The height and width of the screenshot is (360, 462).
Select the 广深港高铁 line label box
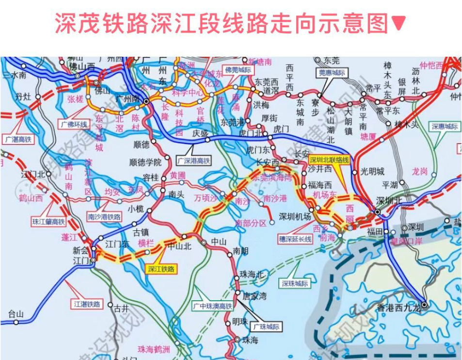(194, 160)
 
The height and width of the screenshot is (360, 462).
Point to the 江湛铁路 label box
(87, 304)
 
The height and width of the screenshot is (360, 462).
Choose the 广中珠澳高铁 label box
(213, 306)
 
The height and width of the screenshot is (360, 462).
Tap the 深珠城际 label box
(294, 283)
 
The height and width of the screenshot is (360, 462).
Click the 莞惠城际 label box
(332, 73)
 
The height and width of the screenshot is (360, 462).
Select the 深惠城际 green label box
(445, 126)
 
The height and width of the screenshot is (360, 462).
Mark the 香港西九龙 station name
(396, 307)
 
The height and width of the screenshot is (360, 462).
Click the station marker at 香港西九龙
(424, 305)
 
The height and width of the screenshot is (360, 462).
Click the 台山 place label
(15, 314)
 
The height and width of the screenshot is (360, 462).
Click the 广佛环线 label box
(74, 124)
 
